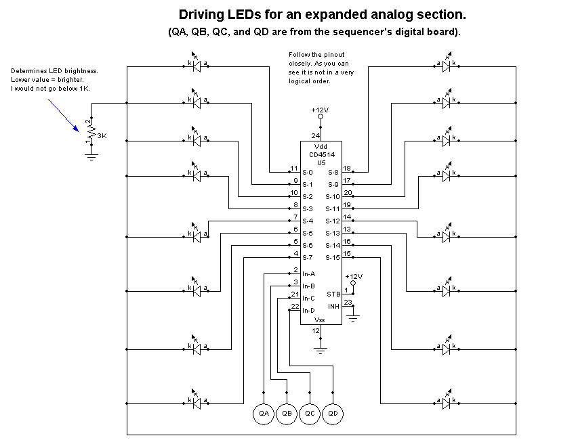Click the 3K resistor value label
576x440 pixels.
102,136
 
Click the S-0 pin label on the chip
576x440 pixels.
308,173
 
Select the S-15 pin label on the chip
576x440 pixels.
332,258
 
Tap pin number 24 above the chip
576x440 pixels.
315,136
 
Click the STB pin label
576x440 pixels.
333,294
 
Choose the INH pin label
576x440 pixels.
333,307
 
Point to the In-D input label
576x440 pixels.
309,310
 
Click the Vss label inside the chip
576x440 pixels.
320,320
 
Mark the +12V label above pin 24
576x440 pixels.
320,110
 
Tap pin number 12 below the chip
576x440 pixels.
315,331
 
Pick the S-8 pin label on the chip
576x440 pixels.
333,173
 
